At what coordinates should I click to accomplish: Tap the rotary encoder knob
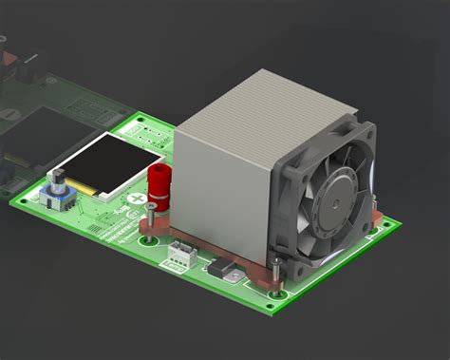point(58,180)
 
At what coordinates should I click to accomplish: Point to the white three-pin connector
point(179,252)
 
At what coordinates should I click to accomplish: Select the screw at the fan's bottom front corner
point(275,269)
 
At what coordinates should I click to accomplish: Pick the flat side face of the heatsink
point(223,190)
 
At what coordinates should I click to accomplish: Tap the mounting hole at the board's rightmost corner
point(384,224)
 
